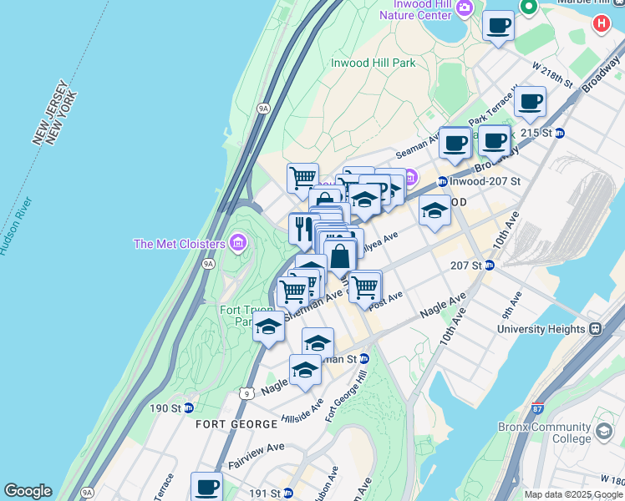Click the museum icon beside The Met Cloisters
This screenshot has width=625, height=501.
pyautogui.click(x=238, y=243)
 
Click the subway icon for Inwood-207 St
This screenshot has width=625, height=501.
pyautogui.click(x=441, y=181)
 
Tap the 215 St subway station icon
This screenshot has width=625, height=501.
pyautogui.click(x=560, y=133)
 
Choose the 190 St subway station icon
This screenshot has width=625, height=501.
pyautogui.click(x=189, y=408)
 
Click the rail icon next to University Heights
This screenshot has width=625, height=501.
pyautogui.click(x=595, y=329)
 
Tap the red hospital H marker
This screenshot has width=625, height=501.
pyautogui.click(x=601, y=24)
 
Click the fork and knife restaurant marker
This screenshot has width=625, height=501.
pyautogui.click(x=302, y=228)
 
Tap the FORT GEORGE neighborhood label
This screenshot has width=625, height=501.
pyautogui.click(x=236, y=424)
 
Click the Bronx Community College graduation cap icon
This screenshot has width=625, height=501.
pyautogui.click(x=603, y=433)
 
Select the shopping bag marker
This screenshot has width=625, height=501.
pyautogui.click(x=340, y=256)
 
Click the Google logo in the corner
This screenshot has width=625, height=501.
pyautogui.click(x=28, y=492)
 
